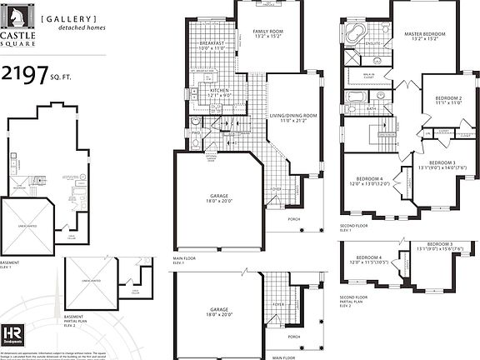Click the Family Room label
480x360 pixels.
click(269, 33)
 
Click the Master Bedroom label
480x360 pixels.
click(425, 37)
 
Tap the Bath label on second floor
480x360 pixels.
click(372, 108)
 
